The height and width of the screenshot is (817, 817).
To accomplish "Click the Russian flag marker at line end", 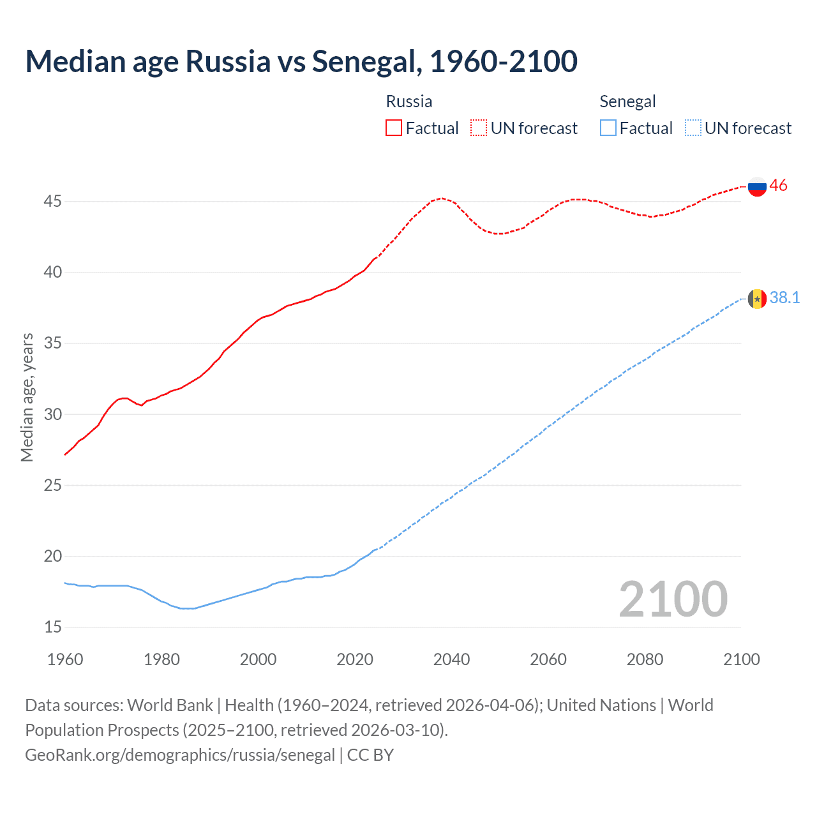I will (x=757, y=186).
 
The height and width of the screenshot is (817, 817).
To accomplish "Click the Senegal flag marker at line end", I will (x=757, y=299).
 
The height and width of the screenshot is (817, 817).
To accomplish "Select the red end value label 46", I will (x=778, y=186).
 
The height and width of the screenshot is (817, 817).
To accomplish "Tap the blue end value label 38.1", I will (x=784, y=298).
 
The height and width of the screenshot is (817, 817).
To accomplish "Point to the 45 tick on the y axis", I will (x=52, y=202).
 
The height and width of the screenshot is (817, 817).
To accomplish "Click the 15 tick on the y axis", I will (x=52, y=627).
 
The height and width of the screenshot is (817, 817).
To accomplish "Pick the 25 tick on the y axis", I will (x=52, y=486).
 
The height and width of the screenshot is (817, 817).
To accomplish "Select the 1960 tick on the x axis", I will (x=65, y=659).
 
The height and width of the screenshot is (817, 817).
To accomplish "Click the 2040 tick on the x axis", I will (x=451, y=659).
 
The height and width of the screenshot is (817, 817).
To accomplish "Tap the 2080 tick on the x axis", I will (x=645, y=659).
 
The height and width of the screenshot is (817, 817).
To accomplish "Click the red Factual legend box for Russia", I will (x=394, y=128).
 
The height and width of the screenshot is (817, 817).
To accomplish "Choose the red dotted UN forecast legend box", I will (x=479, y=128).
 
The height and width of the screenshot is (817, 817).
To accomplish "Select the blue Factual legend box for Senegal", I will (x=608, y=128).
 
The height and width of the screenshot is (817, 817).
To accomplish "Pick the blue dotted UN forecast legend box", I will (x=693, y=128).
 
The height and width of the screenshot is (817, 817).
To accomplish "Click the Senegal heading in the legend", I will (x=627, y=101).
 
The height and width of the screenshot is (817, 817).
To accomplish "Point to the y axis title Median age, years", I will (x=27, y=397).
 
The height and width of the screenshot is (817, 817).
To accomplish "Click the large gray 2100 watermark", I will (x=673, y=599).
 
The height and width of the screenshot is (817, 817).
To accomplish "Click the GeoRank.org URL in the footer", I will (x=180, y=755).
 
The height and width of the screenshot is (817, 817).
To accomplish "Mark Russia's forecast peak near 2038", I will (x=442, y=199).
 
